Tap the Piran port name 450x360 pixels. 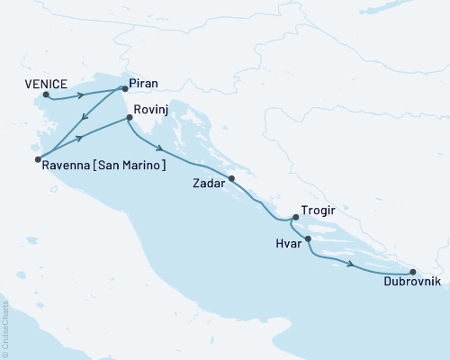point(144,83)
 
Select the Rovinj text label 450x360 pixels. point(149,109)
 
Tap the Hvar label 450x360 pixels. point(287,243)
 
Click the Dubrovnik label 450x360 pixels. point(412,283)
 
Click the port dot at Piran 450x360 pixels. point(124,89)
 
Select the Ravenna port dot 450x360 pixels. point(38,159)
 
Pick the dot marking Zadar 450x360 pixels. point(232,178)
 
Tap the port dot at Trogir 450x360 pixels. point(294,219)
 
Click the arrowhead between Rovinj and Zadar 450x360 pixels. point(158,149)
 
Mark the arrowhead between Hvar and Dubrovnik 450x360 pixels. point(348,263)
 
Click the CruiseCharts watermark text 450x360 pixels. point(6,325)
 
